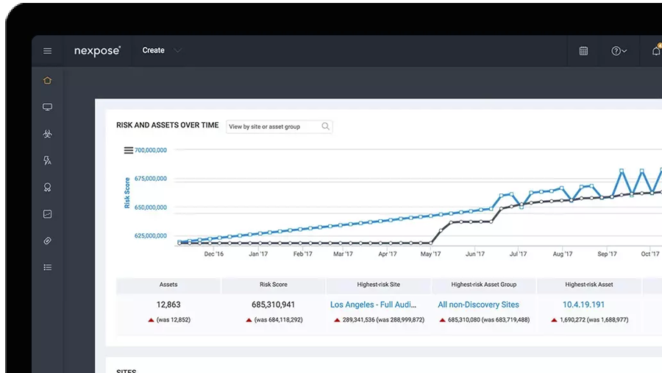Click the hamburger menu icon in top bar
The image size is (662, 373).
(x=47, y=51)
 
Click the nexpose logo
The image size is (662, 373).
(x=97, y=51)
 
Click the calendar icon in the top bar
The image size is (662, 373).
(x=583, y=51)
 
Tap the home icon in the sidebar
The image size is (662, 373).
(x=47, y=80)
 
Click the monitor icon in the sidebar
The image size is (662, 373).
(x=47, y=107)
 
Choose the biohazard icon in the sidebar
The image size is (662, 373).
(x=47, y=134)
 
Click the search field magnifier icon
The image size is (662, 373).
(x=325, y=127)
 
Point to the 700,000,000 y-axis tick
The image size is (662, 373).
(x=151, y=150)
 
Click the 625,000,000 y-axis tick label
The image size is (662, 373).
(x=151, y=236)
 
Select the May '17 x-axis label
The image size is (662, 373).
(x=430, y=255)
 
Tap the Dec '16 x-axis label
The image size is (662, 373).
(x=214, y=255)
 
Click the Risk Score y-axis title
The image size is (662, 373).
(x=127, y=193)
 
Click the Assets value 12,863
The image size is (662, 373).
(x=168, y=305)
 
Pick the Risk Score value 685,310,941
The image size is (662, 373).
(x=273, y=305)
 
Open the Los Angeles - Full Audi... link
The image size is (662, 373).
(x=373, y=305)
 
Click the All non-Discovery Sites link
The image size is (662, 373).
(x=478, y=305)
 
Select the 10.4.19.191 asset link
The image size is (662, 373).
(x=583, y=305)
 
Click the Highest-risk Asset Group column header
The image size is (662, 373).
(x=483, y=285)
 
